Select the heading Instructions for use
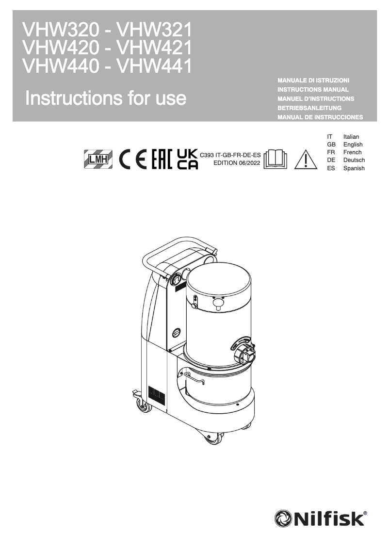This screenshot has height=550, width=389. [106, 98]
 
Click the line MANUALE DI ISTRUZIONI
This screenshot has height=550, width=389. [313, 80]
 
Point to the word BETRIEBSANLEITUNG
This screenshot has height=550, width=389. [309, 108]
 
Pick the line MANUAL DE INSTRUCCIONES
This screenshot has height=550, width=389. [320, 117]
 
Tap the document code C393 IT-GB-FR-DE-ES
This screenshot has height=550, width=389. [230, 155]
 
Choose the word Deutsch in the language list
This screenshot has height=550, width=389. [354, 160]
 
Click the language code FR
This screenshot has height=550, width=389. [331, 152]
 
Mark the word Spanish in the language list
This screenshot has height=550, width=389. [354, 168]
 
